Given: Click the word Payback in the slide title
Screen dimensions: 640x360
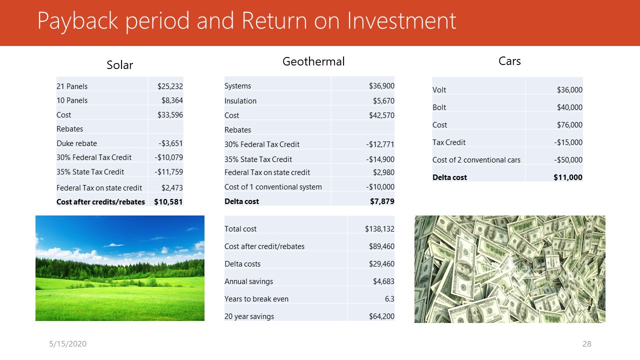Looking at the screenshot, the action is [x=77, y=21].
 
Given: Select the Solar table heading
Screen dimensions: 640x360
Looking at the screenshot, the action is [x=119, y=65].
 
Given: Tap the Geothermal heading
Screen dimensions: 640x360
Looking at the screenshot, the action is [x=313, y=61].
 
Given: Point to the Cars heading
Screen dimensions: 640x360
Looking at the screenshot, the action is [x=509, y=61].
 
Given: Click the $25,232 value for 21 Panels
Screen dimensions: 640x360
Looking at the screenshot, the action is [x=170, y=86].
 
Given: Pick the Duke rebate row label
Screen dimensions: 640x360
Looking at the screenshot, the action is [x=76, y=143].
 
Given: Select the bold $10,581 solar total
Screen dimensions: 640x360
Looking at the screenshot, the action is [x=168, y=202].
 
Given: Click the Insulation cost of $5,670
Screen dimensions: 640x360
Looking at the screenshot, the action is [x=383, y=101].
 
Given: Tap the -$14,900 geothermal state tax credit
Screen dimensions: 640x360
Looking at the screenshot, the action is [x=380, y=159].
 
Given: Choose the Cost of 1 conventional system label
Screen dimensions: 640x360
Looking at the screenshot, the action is [x=273, y=187].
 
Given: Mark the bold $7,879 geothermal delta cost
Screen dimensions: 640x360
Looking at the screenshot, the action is [x=382, y=201].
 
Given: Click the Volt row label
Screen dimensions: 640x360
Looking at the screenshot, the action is [x=439, y=90].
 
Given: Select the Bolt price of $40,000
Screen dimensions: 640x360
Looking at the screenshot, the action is [x=569, y=107].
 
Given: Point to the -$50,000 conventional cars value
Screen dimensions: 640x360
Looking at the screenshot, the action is [x=568, y=159].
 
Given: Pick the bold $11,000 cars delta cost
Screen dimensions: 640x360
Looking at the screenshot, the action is [x=567, y=177].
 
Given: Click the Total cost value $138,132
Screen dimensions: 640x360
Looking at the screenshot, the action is [x=379, y=229].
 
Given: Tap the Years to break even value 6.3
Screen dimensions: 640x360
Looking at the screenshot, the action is [x=389, y=299].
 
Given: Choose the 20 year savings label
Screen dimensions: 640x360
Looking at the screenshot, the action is [x=249, y=316].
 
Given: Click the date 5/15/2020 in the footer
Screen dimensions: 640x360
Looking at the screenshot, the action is [x=67, y=343].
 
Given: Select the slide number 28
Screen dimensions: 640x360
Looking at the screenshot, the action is [x=587, y=343].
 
